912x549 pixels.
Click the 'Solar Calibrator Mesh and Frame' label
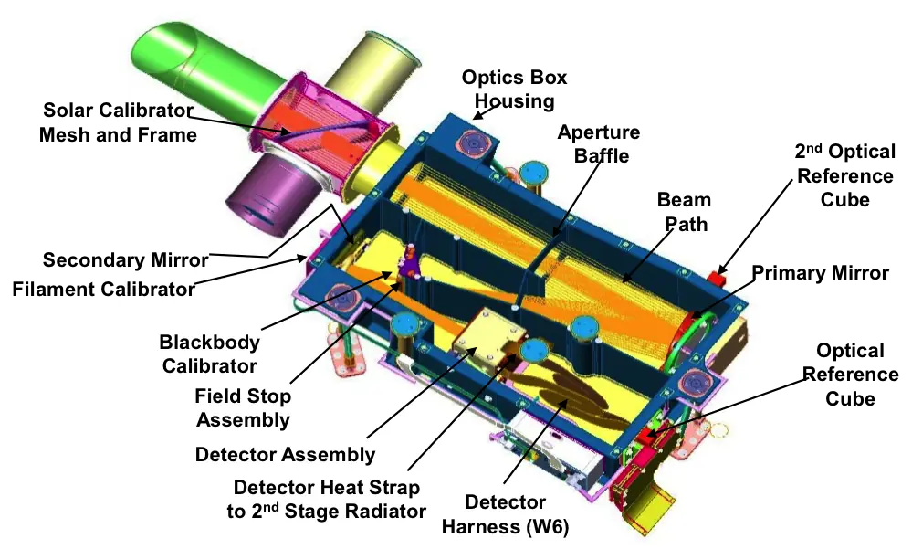pyautogui.click(x=118, y=122)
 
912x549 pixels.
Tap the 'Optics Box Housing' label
pyautogui.click(x=514, y=90)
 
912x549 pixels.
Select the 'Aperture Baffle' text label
pyautogui.click(x=599, y=143)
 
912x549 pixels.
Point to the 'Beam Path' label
pyautogui.click(x=685, y=212)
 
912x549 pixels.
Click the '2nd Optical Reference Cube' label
pyautogui.click(x=845, y=175)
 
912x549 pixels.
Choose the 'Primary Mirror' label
pyautogui.click(x=820, y=272)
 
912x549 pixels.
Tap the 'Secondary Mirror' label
pyautogui.click(x=126, y=259)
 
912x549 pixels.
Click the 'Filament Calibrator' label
pyautogui.click(x=103, y=289)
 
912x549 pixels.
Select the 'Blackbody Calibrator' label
pyautogui.click(x=209, y=354)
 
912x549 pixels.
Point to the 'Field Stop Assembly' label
pyautogui.click(x=243, y=407)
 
